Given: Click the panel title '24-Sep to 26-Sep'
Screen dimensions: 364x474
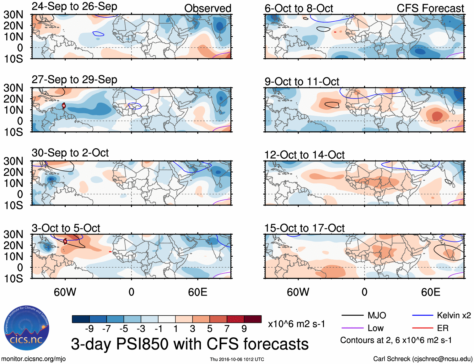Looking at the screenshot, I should tap(74, 6).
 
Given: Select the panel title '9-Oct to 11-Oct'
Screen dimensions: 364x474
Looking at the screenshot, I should tap(302, 82).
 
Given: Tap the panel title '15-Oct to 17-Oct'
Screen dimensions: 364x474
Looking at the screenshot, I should tap(304, 228).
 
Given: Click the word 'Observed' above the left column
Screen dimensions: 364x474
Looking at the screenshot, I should tap(207, 8).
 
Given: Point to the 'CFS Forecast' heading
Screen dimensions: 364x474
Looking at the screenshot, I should tap(430, 8).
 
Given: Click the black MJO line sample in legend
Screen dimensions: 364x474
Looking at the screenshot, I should tap(352, 315).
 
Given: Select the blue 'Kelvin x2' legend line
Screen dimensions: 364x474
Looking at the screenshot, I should tap(423, 315).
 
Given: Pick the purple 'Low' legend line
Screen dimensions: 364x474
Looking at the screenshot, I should tap(352, 328).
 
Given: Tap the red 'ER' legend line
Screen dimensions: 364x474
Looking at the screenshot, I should tap(423, 328).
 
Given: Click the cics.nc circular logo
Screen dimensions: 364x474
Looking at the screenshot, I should tap(26, 328).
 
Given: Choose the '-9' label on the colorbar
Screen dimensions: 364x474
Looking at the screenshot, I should tap(89, 329).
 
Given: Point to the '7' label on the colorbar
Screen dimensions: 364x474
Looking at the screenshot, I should tap(227, 329).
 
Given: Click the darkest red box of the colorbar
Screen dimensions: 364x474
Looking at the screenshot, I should tap(253, 319).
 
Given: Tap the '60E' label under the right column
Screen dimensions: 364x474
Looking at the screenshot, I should tap(430, 292).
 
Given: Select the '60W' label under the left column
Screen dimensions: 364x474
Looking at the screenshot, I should tap(65, 292).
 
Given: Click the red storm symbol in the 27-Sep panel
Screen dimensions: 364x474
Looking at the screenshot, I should tap(64, 106).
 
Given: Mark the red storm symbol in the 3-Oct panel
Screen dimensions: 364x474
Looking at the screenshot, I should tap(65, 241).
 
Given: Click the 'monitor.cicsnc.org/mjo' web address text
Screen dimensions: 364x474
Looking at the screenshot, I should tap(34, 359).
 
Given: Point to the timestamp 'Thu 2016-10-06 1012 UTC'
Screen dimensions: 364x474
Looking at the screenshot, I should tap(237, 359).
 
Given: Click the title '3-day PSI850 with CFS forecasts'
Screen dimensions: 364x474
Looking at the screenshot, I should tap(190, 344).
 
